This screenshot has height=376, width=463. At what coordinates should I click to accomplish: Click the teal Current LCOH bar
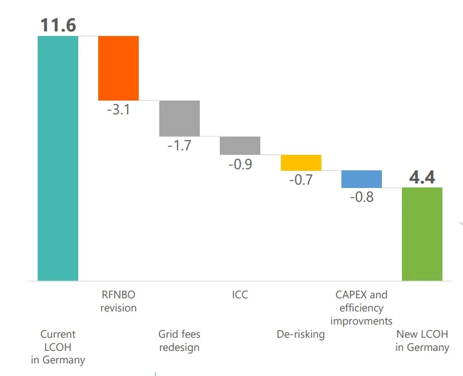(58, 158)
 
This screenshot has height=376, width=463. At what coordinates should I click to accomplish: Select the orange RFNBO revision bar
(118, 68)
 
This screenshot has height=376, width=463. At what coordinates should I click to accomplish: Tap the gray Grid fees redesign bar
(179, 118)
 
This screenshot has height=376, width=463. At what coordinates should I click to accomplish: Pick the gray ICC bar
(240, 146)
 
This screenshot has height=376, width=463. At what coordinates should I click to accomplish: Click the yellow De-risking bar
(301, 163)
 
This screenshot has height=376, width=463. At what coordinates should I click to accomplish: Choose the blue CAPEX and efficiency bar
(361, 179)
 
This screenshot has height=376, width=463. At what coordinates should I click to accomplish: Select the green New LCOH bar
(422, 234)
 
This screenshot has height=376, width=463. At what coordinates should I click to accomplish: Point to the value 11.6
(58, 25)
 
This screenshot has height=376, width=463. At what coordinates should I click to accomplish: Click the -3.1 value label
(119, 110)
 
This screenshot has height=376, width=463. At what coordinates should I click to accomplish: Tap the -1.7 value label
(179, 145)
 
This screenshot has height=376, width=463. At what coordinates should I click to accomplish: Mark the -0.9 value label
(240, 164)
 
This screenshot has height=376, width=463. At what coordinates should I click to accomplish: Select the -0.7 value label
(301, 180)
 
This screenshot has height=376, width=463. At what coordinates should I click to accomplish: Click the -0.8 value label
(361, 197)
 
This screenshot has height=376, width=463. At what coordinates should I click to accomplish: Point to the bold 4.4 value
(422, 178)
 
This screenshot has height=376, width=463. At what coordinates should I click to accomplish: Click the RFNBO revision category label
(119, 301)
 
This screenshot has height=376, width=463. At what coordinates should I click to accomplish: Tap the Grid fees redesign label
(179, 341)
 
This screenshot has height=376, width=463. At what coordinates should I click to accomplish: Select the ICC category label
(240, 295)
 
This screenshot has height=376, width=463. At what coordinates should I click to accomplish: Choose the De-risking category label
(300, 334)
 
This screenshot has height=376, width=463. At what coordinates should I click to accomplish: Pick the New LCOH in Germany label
(422, 341)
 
